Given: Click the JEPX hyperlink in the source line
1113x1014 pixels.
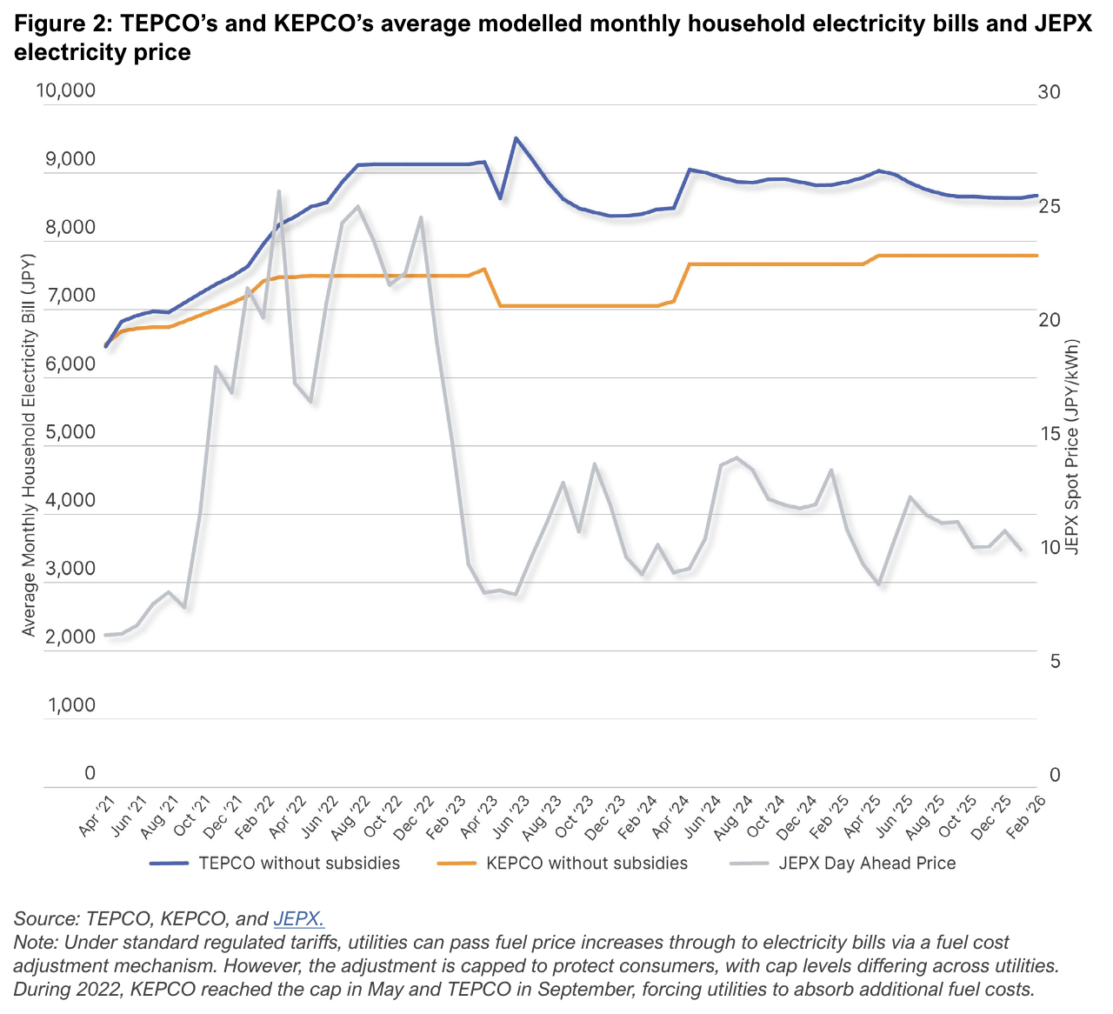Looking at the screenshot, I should [x=298, y=918].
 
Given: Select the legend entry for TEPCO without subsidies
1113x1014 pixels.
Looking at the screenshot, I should [x=299, y=863].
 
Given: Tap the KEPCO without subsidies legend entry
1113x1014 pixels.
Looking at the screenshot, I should [x=587, y=863].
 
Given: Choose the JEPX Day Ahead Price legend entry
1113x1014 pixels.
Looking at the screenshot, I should [x=867, y=863].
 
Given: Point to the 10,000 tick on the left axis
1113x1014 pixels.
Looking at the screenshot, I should [x=66, y=91].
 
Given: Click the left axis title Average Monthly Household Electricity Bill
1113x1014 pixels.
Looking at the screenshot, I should [x=30, y=444].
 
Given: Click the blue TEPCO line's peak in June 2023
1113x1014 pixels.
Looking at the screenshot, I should [x=516, y=137].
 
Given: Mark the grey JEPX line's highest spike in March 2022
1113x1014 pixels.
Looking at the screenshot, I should [x=278, y=191].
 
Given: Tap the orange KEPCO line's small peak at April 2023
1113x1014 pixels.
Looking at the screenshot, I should [x=484, y=269].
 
